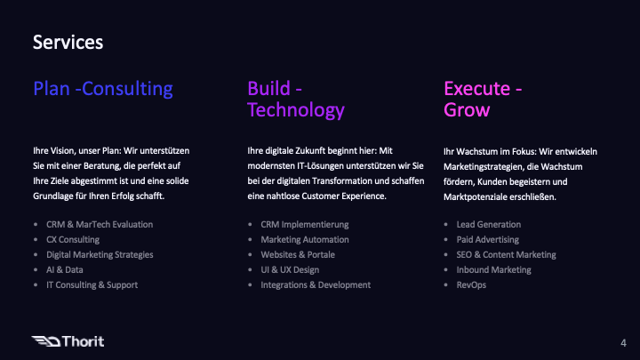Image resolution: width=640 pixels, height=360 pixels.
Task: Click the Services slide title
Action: (68, 42)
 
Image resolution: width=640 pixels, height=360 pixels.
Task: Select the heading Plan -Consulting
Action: (102, 89)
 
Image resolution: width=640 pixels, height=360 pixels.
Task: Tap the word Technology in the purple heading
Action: (295, 110)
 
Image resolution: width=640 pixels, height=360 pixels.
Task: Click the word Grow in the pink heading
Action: (467, 110)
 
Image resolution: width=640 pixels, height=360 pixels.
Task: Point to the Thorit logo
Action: (68, 340)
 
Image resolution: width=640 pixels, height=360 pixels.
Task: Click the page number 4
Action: (622, 342)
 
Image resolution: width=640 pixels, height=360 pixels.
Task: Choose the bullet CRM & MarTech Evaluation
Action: (100, 225)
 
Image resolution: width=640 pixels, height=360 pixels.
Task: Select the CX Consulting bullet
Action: (73, 240)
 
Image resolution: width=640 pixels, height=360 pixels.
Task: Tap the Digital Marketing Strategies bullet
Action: (100, 255)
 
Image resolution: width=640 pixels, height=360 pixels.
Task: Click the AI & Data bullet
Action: (64, 269)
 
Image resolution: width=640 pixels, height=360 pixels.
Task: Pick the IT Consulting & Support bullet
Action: (92, 284)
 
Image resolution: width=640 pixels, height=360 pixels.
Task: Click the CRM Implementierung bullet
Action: (304, 225)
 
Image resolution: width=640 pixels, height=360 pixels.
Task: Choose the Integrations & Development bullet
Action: (316, 284)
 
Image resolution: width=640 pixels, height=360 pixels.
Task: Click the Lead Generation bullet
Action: (488, 225)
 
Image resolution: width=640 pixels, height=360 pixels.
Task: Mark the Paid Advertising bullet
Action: (488, 240)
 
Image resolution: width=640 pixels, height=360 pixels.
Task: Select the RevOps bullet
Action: (471, 284)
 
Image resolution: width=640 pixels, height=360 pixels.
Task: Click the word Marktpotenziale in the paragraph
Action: (481, 196)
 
